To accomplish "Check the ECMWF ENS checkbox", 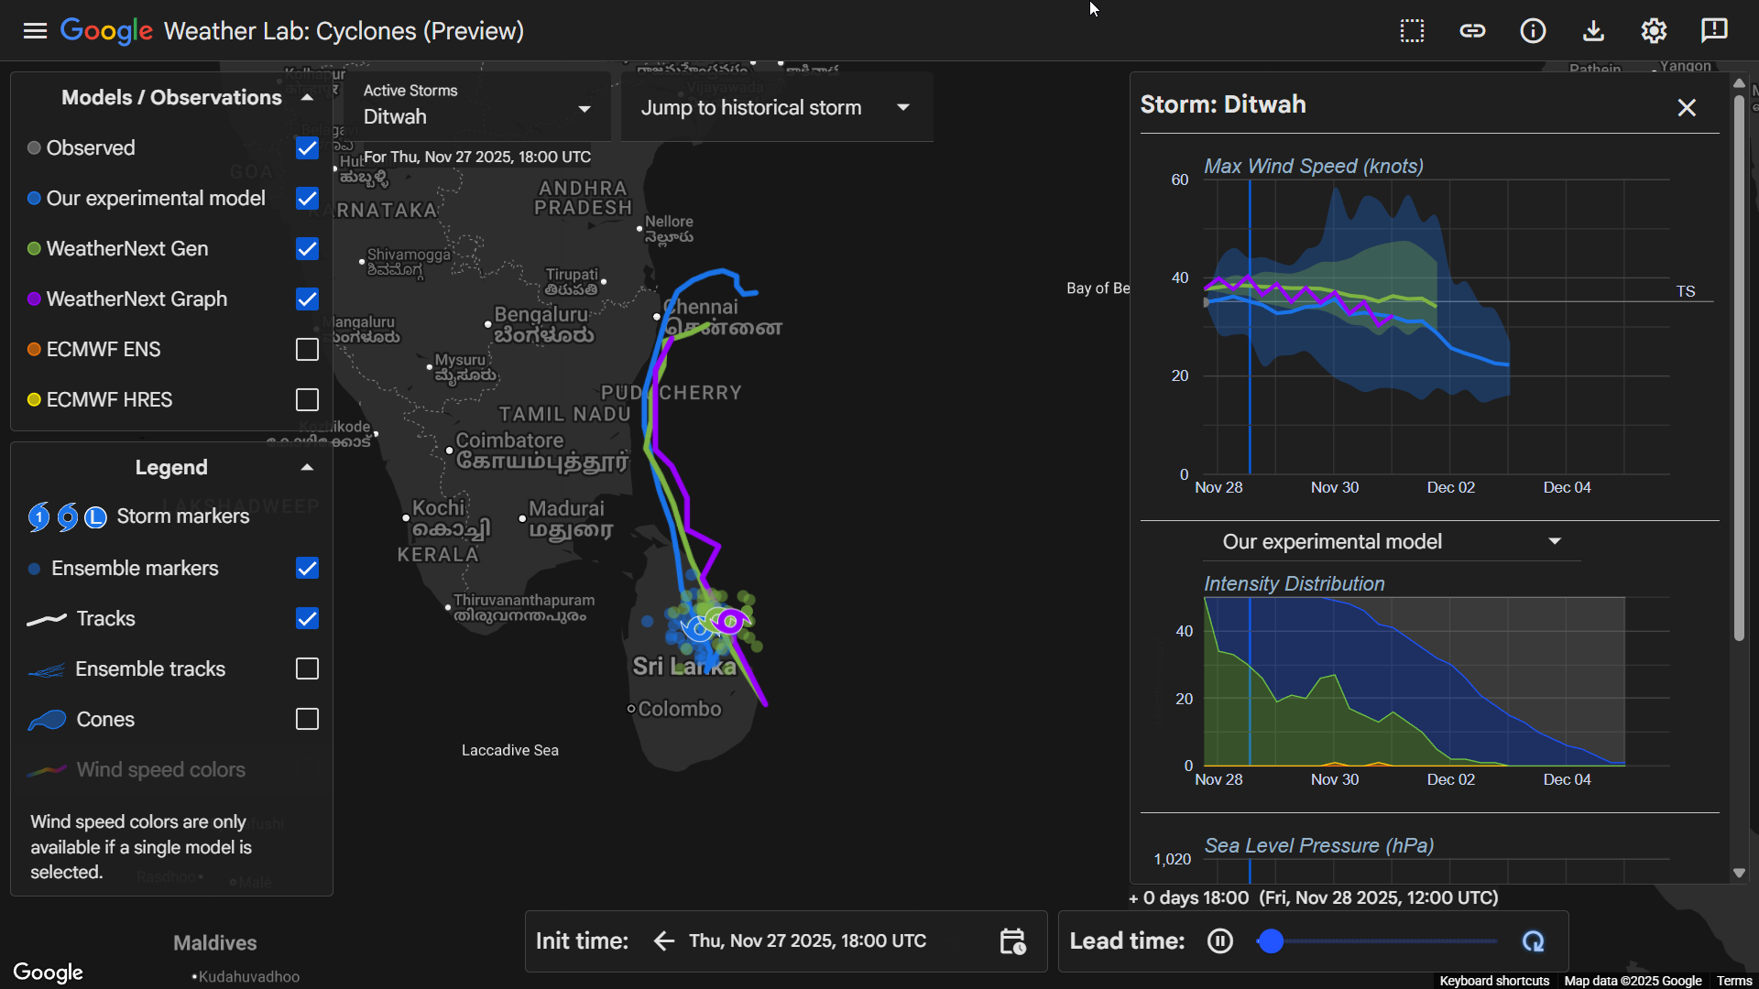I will [x=307, y=350].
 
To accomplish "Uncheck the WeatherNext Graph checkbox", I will [x=307, y=299].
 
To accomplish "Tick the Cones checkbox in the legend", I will [x=307, y=720].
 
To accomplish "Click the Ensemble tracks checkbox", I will [x=307, y=669].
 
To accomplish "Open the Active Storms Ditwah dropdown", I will [x=476, y=106].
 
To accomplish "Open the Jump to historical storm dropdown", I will [x=775, y=108].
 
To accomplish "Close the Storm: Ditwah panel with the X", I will [x=1687, y=108].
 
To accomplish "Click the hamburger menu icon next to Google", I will [x=35, y=31].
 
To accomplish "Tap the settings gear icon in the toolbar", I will [x=1654, y=31].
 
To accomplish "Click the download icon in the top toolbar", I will [x=1593, y=31].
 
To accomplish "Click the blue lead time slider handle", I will [x=1271, y=941].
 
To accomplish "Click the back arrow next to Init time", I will [x=664, y=941].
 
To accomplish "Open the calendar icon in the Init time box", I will [x=1012, y=941].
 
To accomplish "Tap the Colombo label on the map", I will [x=679, y=710].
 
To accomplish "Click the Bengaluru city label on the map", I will [x=541, y=315].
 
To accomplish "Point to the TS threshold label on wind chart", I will [x=1686, y=291].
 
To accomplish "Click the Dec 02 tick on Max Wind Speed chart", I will [x=1450, y=487].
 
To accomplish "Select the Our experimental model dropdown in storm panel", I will [x=1391, y=542].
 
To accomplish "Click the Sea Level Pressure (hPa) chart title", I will [x=1318, y=846].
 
